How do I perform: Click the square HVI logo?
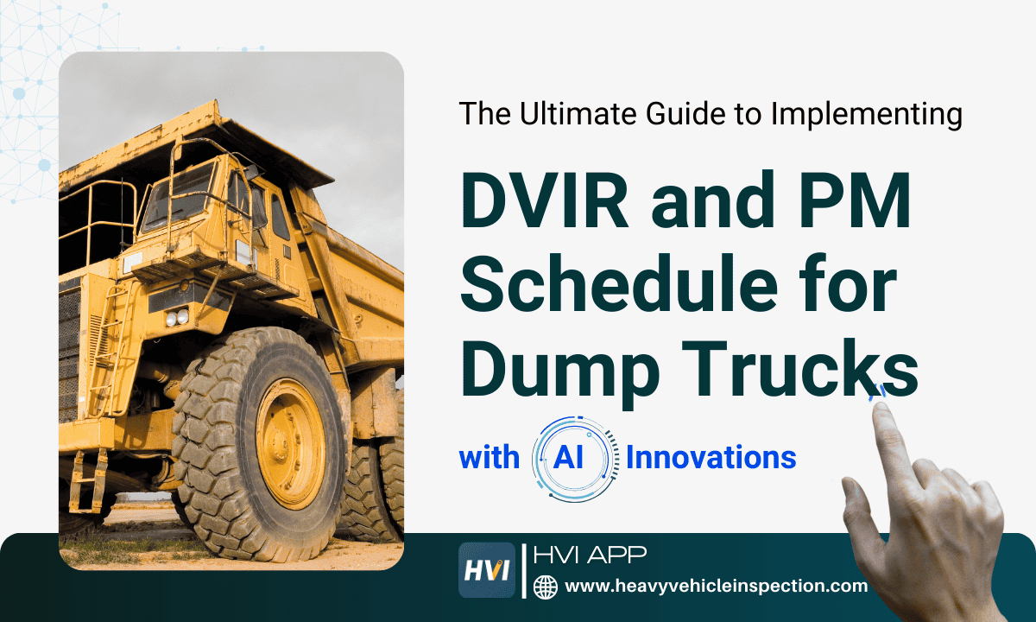tap(486, 570)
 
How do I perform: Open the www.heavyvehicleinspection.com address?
tap(716, 587)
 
